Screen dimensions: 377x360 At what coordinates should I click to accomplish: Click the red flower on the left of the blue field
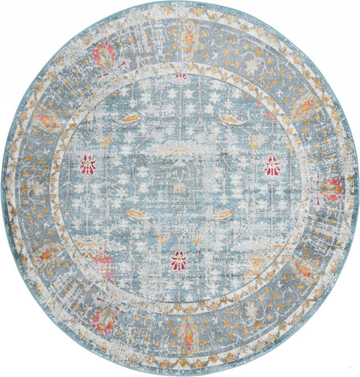click(87, 165)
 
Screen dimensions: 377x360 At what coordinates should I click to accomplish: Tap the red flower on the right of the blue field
click(273, 166)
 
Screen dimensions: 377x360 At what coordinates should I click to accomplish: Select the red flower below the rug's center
click(179, 259)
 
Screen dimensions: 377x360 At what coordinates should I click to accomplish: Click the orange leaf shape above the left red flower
click(129, 119)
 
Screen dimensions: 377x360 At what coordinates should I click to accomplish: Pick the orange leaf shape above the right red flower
click(232, 119)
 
